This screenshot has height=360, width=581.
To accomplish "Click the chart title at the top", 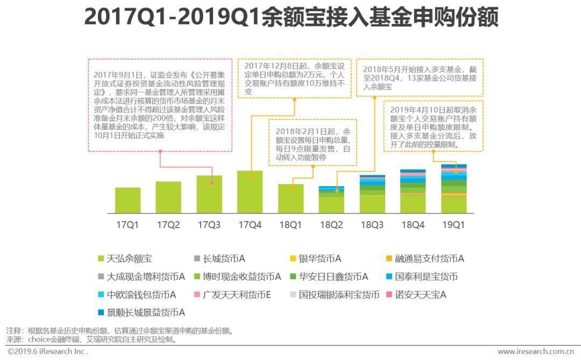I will (291, 18).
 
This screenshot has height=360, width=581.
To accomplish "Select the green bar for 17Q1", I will (127, 200).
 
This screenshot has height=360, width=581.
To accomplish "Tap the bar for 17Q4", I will (250, 192).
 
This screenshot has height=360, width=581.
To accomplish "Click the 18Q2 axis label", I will (331, 225).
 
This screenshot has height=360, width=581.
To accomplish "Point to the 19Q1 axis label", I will (454, 225).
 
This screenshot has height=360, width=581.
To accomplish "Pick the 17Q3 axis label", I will (209, 225).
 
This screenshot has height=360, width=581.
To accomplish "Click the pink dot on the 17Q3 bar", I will (212, 183).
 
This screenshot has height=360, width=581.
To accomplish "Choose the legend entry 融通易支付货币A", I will (424, 259).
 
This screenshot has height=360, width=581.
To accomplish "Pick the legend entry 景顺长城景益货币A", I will (141, 313).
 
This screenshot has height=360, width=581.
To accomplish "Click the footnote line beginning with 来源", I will (91, 340).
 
